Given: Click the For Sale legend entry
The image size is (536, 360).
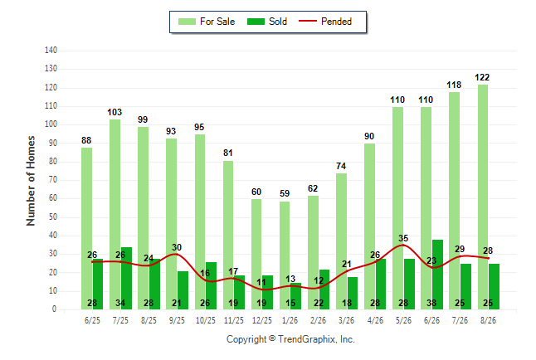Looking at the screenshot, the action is tap(207, 22).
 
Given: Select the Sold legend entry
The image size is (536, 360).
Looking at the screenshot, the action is tap(267, 22).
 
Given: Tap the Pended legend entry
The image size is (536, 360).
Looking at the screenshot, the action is tap(325, 22).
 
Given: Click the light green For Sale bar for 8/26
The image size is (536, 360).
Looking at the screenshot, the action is tap(483, 197).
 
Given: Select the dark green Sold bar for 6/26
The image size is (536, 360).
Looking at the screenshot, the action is tap(437, 275).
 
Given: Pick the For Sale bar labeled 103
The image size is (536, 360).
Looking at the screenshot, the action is tap(115, 214).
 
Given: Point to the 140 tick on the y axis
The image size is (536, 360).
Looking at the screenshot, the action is tap(51, 51).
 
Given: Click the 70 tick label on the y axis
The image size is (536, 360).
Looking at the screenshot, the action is tap(52, 179).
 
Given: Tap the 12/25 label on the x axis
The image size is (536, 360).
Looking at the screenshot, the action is tap(262, 320).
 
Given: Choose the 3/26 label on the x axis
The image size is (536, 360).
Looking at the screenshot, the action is tap(346, 320).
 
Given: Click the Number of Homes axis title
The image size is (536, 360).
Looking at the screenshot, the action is tap(31, 181).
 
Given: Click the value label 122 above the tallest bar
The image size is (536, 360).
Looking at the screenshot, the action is tap(482, 78).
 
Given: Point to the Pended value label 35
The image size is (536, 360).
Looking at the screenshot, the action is tap(403, 238).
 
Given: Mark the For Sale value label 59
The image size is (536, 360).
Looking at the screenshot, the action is tap(285, 193).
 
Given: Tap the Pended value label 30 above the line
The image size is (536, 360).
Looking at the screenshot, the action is tap(177, 247).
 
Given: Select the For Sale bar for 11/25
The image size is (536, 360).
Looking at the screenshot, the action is tap(228, 236).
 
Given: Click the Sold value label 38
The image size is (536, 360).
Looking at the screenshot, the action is tap(431, 303).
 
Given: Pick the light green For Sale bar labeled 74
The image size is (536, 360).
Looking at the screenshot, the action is tap(341, 241).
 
